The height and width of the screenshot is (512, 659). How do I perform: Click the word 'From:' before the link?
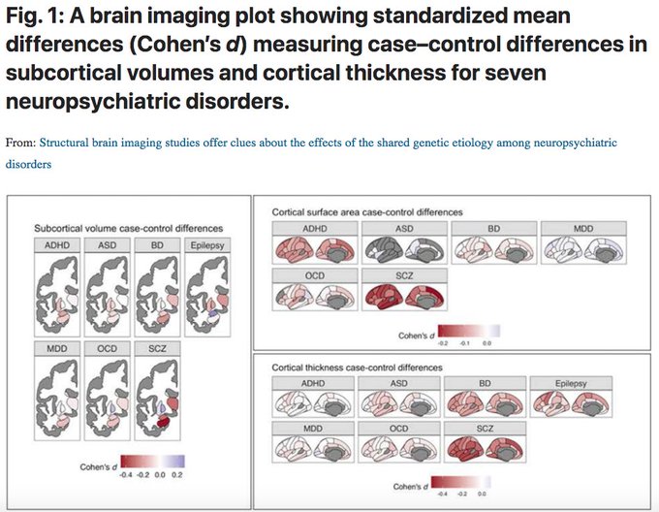coord(19,143)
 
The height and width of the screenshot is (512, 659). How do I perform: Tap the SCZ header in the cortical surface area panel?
coord(400,276)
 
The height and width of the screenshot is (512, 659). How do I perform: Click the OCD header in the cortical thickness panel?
coord(400,428)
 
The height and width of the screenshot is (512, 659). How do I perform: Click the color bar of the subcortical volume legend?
coord(156,462)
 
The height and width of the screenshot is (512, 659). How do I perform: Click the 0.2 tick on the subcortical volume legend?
coord(177,476)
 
